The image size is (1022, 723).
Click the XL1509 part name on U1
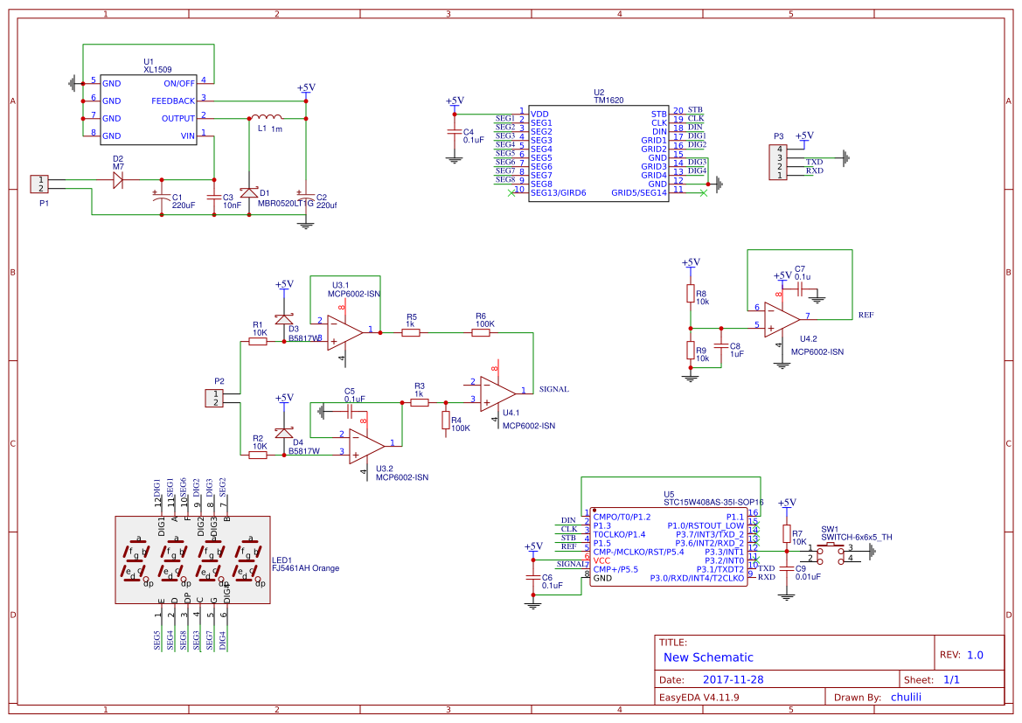click(157, 69)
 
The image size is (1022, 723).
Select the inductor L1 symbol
click(264, 117)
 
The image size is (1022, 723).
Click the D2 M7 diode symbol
click(118, 181)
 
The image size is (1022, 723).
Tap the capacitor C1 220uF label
click(183, 201)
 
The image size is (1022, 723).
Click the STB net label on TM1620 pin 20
click(695, 109)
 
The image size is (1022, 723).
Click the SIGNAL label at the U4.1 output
click(554, 389)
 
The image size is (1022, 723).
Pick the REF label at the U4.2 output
click(866, 315)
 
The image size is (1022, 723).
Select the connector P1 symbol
click(39, 184)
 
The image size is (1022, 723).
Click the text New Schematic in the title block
click(708, 657)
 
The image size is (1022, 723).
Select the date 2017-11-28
click(733, 679)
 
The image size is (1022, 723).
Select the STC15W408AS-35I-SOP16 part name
click(713, 502)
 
